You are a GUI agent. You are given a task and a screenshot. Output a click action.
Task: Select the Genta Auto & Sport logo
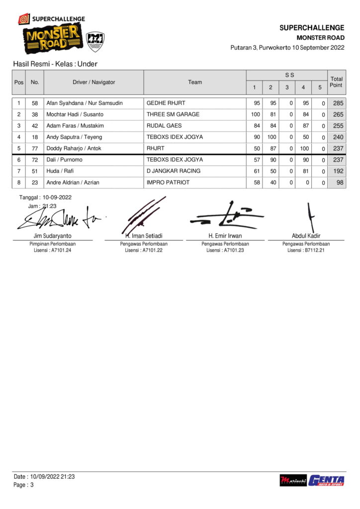pyautogui.click(x=326, y=481)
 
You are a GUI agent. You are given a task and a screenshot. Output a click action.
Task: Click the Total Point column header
pyautogui.click(x=337, y=82)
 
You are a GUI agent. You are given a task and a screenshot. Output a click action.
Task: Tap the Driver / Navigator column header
pyautogui.click(x=93, y=82)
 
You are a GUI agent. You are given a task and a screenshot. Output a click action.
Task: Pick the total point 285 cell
pyautogui.click(x=338, y=103)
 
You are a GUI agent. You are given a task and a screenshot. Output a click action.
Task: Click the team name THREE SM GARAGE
pyautogui.click(x=173, y=114)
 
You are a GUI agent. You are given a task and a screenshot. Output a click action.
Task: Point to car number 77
pyautogui.click(x=35, y=148)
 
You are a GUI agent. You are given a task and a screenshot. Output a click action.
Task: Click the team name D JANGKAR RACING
pyautogui.click(x=174, y=171)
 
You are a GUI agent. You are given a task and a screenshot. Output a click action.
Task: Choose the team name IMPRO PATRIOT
pyautogui.click(x=168, y=182)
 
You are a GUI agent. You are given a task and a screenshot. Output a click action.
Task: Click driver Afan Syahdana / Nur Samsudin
pyautogui.click(x=85, y=103)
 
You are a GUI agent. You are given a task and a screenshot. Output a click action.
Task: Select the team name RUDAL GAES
pyautogui.click(x=164, y=126)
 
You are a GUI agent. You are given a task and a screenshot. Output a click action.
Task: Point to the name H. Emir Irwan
pyautogui.click(x=225, y=236)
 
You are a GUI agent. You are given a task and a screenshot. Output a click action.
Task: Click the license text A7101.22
pyautogui.click(x=144, y=251)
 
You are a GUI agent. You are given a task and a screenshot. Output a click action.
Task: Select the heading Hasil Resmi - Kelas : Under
pyautogui.click(x=56, y=64)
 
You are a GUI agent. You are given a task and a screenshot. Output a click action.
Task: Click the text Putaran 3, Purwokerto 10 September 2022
pyautogui.click(x=287, y=48)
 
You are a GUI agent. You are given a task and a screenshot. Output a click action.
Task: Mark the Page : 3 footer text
pyautogui.click(x=23, y=485)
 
